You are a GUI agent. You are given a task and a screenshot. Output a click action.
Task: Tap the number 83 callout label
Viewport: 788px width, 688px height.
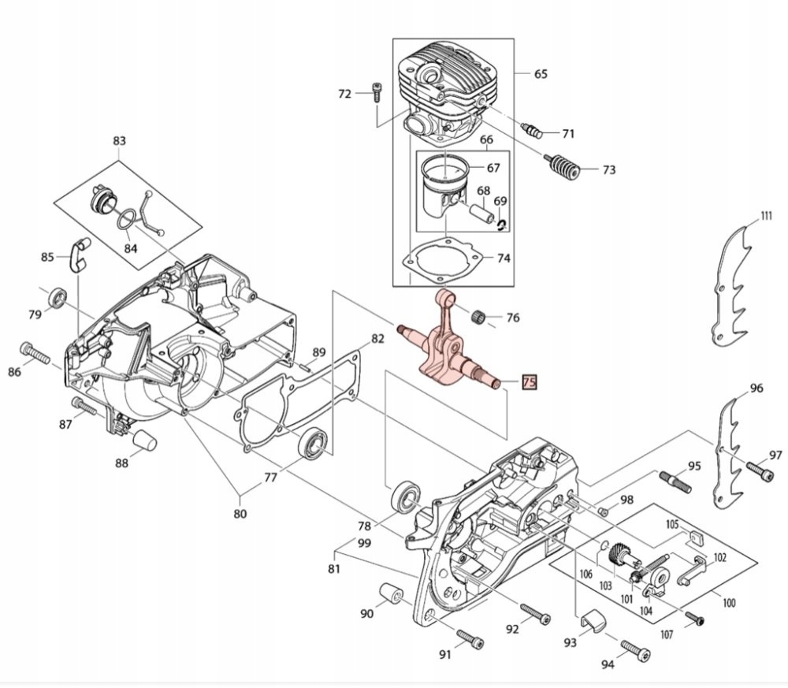pyautogui.click(x=119, y=141)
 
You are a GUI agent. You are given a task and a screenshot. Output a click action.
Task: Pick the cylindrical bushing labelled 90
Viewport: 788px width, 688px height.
pyautogui.click(x=393, y=593)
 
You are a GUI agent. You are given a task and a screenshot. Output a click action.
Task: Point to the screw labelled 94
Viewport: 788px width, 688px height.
pyautogui.click(x=635, y=649)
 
